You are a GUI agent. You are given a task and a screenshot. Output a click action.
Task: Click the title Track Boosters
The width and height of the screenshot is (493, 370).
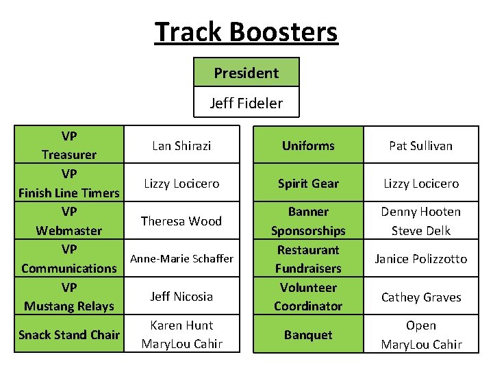[246, 32]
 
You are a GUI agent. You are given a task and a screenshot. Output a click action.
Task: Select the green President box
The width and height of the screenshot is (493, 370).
[246, 73]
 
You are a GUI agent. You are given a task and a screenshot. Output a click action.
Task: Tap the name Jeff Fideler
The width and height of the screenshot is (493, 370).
[246, 103]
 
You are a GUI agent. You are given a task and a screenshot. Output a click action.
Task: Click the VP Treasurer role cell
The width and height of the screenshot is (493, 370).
[68, 145]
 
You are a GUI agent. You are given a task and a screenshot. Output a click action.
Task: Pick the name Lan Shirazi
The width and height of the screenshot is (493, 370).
[181, 145]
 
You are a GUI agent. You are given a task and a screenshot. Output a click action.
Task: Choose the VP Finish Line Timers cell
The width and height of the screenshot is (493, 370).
[68, 183]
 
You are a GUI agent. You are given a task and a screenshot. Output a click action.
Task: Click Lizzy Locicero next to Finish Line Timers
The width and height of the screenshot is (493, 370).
[181, 183]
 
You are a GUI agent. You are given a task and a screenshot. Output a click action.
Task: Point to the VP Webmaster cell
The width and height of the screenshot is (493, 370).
[68, 221]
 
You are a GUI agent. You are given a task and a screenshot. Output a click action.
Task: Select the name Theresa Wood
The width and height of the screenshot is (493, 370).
[181, 221]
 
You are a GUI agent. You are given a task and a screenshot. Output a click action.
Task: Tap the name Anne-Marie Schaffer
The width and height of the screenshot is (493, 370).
[181, 258]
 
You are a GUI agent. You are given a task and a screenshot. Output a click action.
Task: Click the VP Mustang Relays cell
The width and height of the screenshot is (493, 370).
[68, 297]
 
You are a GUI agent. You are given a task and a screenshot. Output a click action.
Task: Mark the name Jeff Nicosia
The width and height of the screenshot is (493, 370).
[181, 297]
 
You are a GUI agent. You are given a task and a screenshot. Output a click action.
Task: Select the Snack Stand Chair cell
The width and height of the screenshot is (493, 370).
[68, 335]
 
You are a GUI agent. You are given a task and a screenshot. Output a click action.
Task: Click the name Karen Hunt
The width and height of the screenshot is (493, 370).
[181, 325]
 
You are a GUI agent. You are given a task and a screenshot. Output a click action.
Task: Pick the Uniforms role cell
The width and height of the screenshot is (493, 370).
[308, 145]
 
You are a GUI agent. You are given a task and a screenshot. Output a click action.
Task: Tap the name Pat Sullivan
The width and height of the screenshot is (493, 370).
[420, 145]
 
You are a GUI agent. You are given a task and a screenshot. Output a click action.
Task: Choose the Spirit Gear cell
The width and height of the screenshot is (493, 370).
[308, 183]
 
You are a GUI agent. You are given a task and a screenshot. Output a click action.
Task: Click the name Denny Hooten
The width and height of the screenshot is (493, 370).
[420, 212]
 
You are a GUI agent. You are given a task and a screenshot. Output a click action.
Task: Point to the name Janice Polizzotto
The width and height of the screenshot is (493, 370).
[420, 258]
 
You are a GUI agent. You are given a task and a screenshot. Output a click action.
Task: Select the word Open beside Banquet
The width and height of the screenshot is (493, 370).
[420, 325]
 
